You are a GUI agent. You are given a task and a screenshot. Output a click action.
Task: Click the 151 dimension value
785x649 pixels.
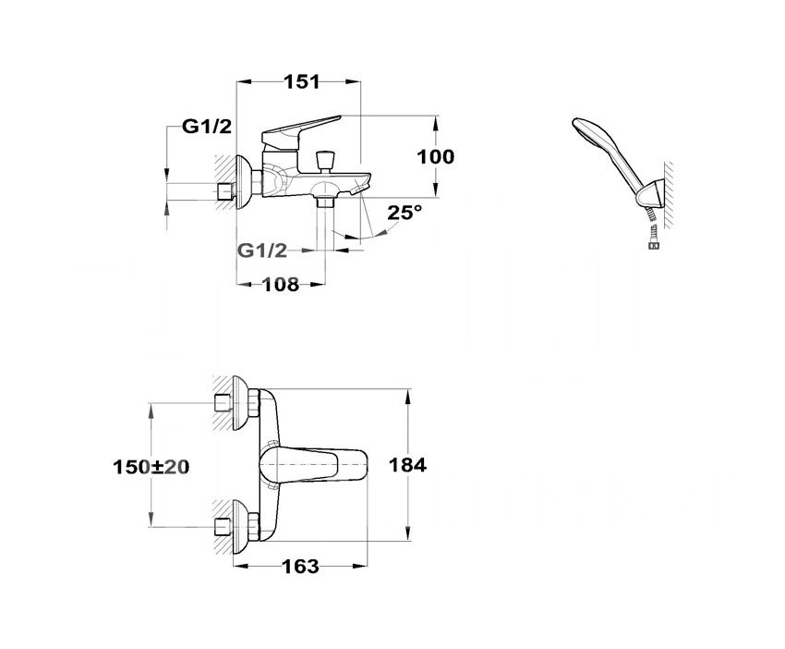click(301, 81)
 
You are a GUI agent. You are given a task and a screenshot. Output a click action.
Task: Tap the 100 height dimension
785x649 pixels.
click(436, 157)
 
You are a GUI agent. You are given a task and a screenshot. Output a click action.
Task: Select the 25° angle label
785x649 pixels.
click(405, 212)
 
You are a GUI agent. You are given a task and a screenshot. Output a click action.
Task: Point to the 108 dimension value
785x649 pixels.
click(281, 284)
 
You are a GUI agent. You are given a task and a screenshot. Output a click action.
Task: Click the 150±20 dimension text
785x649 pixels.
click(151, 467)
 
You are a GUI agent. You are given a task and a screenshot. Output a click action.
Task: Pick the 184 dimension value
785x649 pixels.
click(407, 465)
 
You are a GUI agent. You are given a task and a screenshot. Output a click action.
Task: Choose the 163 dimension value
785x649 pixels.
click(300, 567)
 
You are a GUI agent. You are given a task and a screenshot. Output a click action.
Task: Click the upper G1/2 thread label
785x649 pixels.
click(207, 127)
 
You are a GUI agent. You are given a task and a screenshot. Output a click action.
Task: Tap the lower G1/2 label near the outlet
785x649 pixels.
click(262, 251)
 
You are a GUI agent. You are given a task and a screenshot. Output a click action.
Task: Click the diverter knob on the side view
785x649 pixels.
click(323, 160)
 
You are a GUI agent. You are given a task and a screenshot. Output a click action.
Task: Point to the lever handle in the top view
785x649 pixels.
click(313, 465)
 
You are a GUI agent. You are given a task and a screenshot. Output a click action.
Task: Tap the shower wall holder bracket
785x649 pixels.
click(651, 194)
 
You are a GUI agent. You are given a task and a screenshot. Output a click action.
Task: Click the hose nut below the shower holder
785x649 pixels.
click(654, 245)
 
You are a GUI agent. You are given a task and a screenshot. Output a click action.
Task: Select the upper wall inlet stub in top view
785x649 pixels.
click(223, 402)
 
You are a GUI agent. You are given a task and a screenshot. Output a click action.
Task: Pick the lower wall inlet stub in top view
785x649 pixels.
click(223, 527)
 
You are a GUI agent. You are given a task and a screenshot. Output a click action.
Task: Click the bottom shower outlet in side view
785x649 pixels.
click(325, 202)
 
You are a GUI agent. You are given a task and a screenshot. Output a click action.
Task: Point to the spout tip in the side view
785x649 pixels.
click(361, 189)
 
